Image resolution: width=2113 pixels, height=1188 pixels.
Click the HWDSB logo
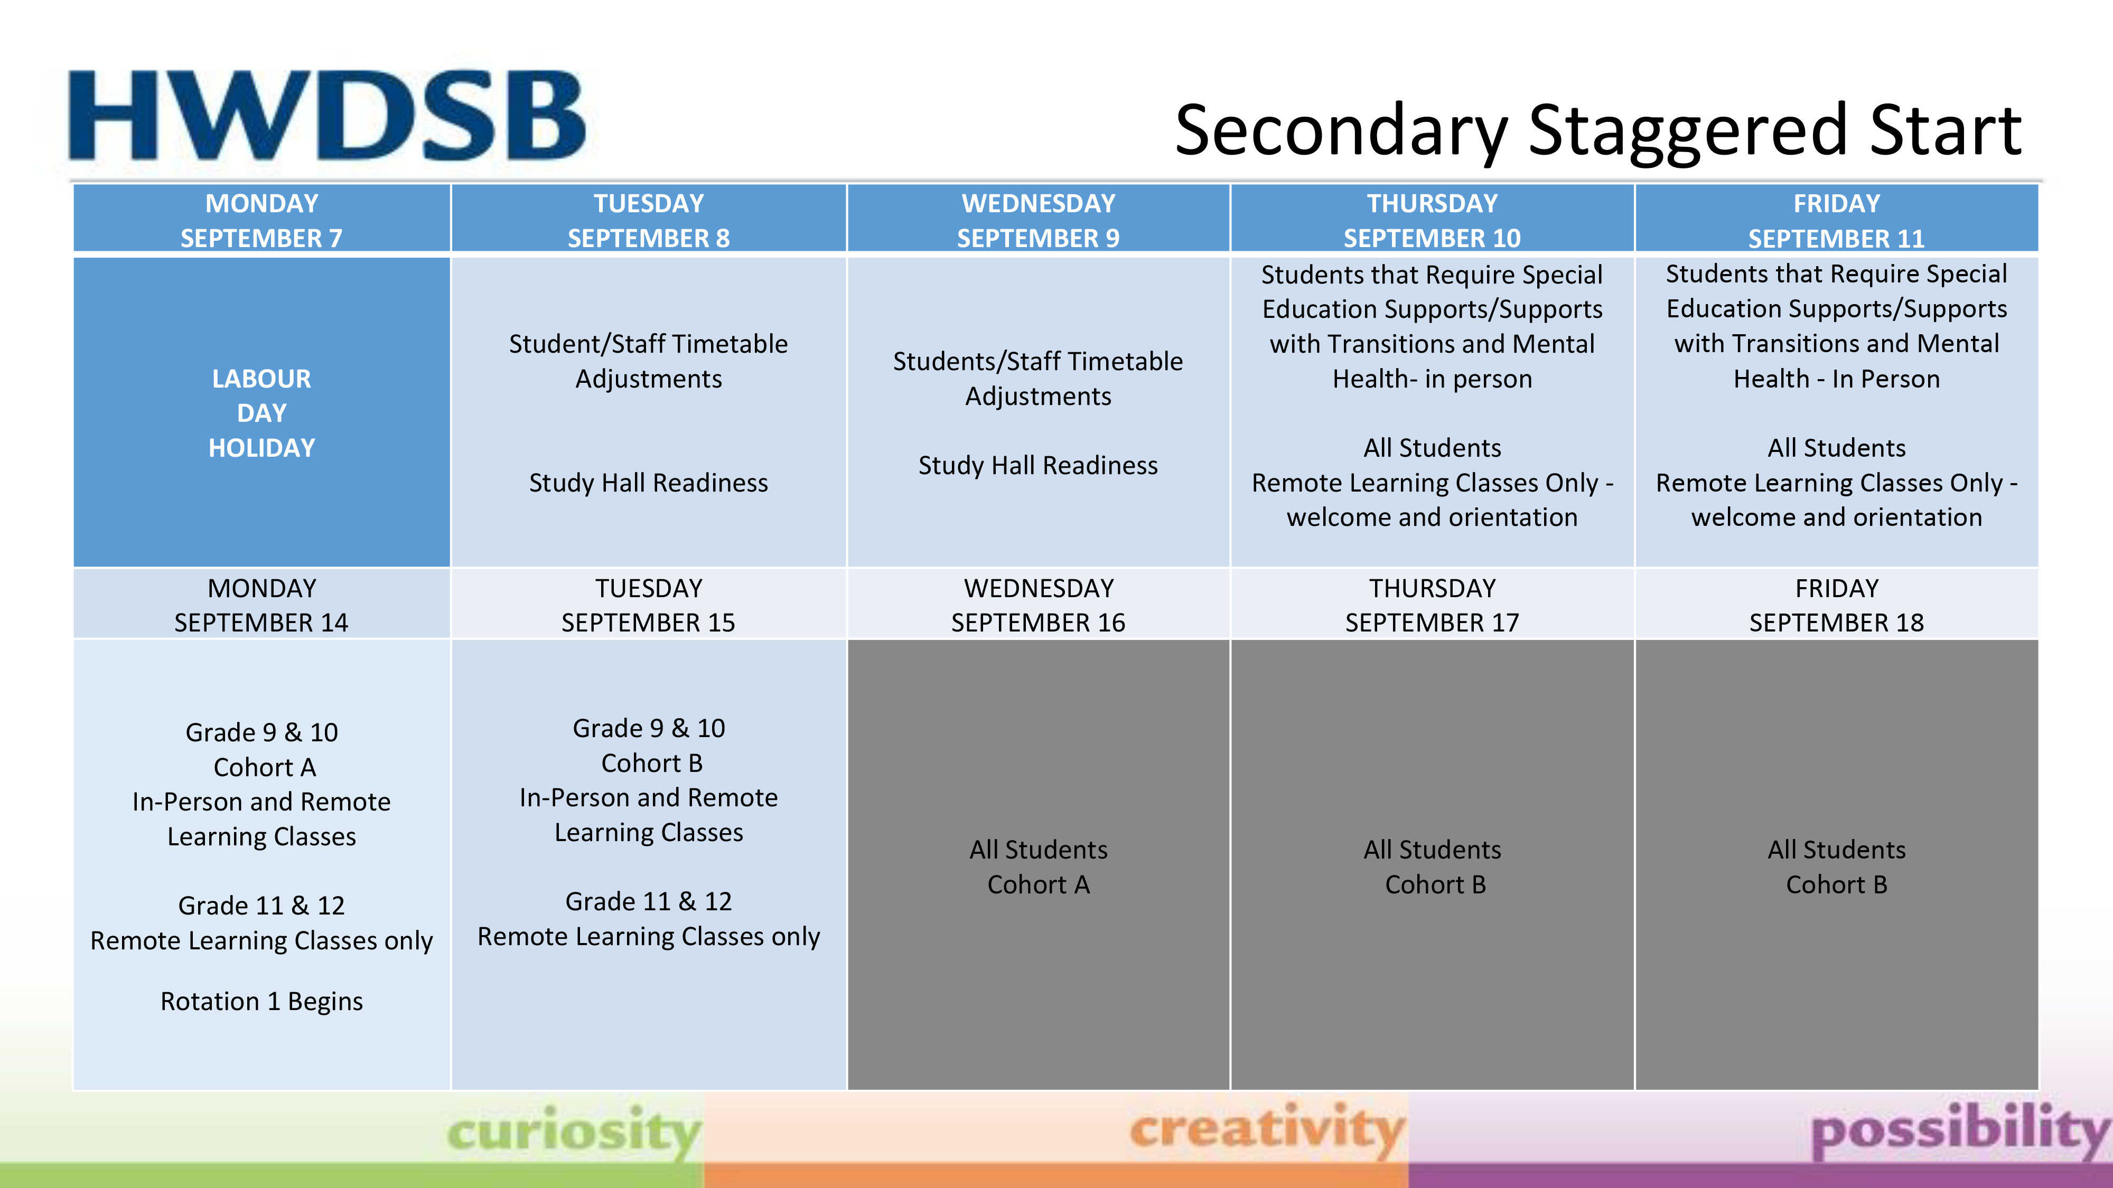point(326,115)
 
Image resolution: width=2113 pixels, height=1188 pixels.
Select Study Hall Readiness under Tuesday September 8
point(649,483)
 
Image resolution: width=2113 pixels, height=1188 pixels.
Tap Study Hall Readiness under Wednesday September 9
point(1039,466)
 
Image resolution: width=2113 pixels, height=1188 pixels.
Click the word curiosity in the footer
point(574,1132)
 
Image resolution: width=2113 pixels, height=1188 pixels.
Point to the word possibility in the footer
point(1960,1132)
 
